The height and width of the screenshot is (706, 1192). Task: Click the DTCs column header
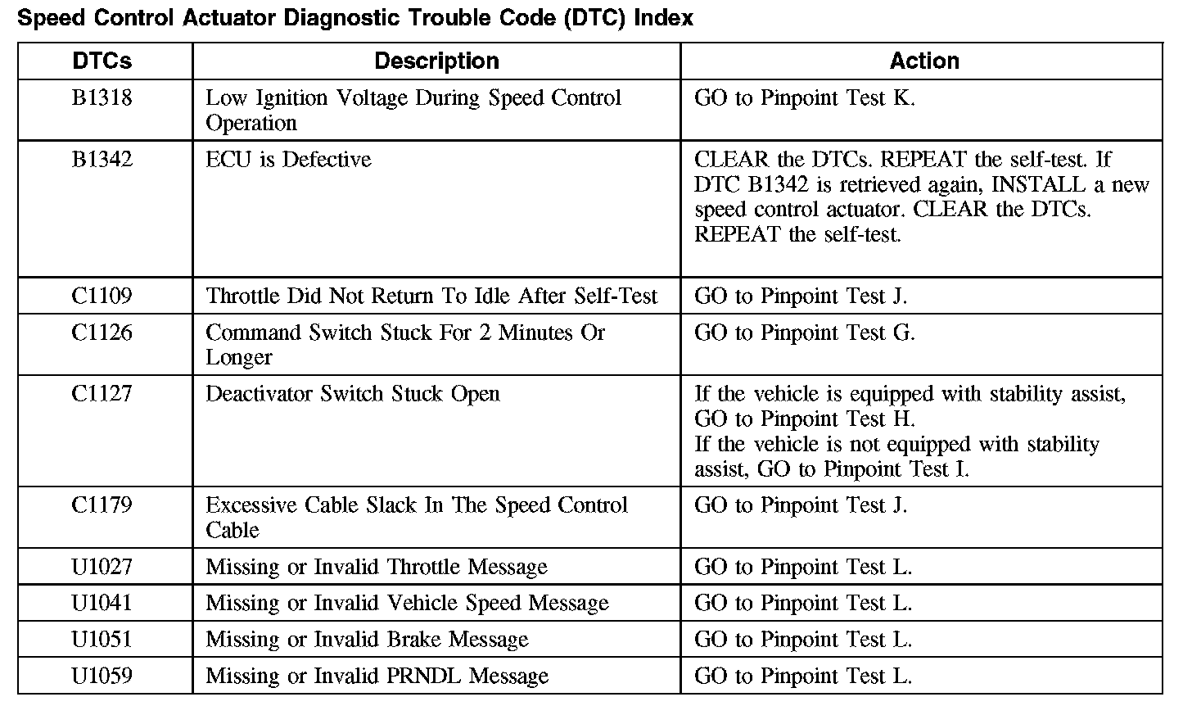pyautogui.click(x=102, y=61)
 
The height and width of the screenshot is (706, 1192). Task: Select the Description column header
pyautogui.click(x=436, y=61)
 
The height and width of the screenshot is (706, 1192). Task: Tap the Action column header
pyautogui.click(x=924, y=61)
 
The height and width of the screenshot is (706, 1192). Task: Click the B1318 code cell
pyautogui.click(x=102, y=98)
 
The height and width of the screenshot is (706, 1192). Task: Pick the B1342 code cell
pyautogui.click(x=102, y=160)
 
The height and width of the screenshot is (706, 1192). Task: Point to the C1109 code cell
pyautogui.click(x=102, y=296)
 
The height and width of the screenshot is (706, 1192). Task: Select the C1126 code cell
pyautogui.click(x=102, y=333)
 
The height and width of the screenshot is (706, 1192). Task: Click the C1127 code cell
pyautogui.click(x=102, y=394)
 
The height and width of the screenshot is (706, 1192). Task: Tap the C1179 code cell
pyautogui.click(x=102, y=505)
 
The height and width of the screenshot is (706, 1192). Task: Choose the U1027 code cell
pyautogui.click(x=102, y=567)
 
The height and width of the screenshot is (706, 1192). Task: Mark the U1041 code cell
pyautogui.click(x=102, y=604)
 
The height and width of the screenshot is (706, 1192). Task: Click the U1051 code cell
pyautogui.click(x=102, y=640)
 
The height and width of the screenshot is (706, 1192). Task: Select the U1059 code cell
pyautogui.click(x=102, y=677)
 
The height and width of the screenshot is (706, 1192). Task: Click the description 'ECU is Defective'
pyautogui.click(x=288, y=160)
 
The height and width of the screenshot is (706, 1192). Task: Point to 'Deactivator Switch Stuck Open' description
pyautogui.click(x=352, y=394)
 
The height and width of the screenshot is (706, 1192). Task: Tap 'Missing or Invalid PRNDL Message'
pyautogui.click(x=377, y=677)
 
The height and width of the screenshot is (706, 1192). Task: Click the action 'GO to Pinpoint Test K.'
pyautogui.click(x=804, y=98)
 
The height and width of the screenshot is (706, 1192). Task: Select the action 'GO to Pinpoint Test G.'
pyautogui.click(x=804, y=333)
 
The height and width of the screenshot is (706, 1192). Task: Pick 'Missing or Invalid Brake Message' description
pyautogui.click(x=367, y=640)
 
